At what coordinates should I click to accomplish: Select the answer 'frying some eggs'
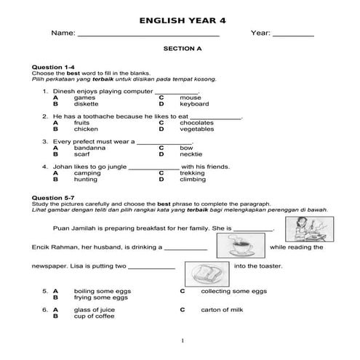tap(100, 297)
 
